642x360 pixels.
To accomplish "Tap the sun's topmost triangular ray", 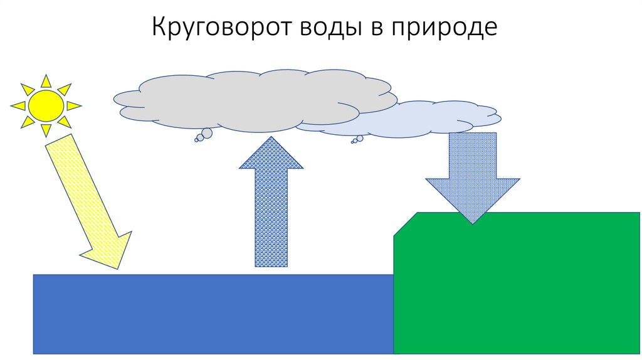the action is [46, 82].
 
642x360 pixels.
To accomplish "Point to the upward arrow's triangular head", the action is [271, 154].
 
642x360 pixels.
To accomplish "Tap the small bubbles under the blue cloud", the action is [357, 139].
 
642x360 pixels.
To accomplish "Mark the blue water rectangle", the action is [207, 314].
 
